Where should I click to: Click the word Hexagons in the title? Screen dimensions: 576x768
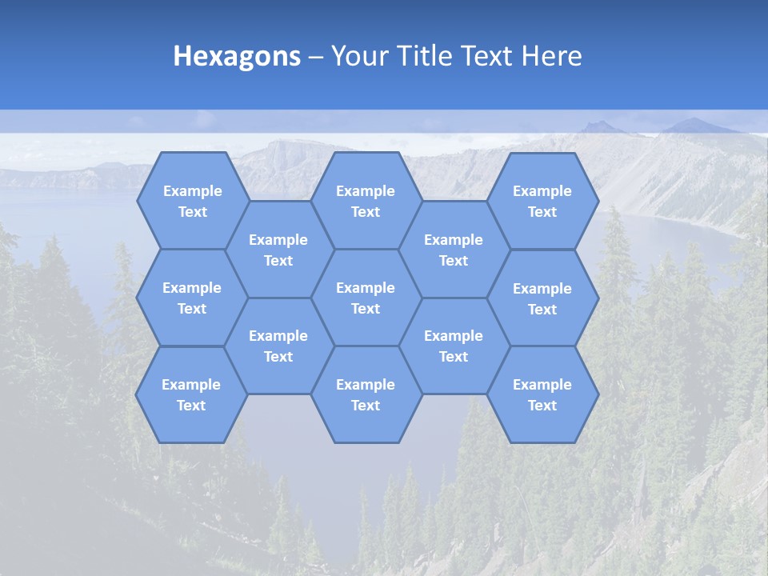tap(237, 57)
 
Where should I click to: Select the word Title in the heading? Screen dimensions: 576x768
tap(424, 57)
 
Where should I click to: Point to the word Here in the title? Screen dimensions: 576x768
tap(552, 57)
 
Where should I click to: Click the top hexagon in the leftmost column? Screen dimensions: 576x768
tap(192, 201)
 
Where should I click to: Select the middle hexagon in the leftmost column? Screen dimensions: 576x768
tap(192, 298)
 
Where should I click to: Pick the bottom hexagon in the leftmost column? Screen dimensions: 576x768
tap(191, 394)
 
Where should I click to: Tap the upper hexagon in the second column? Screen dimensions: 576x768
tap(278, 250)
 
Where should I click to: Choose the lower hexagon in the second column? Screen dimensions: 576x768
tap(278, 346)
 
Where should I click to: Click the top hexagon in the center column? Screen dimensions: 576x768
tap(366, 201)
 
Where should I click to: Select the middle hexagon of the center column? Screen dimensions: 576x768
tap(366, 298)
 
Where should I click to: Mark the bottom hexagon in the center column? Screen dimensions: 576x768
tap(366, 394)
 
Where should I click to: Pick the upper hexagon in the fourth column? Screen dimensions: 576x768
tap(454, 250)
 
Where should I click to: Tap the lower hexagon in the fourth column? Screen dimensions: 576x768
tap(454, 346)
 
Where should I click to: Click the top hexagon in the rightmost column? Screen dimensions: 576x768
tap(542, 201)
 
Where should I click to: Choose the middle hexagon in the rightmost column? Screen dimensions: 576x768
tap(542, 298)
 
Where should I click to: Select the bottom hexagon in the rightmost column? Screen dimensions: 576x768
tap(542, 394)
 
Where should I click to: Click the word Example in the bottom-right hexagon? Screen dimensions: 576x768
tap(542, 385)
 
